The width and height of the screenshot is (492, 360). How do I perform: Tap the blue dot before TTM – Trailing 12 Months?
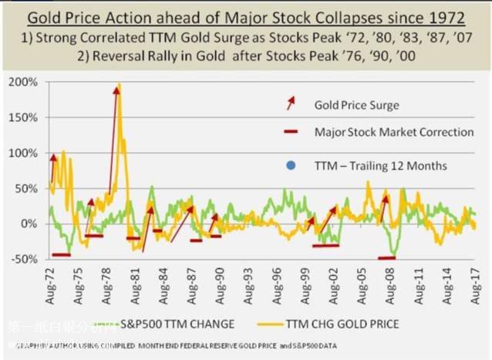coord(290,165)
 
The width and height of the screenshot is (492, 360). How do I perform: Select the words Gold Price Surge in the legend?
coord(357,104)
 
